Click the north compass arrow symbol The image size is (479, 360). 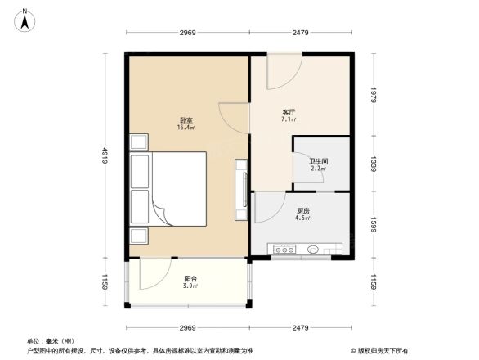click(x=26, y=19)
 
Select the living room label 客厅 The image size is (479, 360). click(x=289, y=112)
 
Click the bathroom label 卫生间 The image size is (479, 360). click(x=318, y=161)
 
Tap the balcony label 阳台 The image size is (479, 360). click(x=190, y=279)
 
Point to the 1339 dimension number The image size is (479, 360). click(x=372, y=164)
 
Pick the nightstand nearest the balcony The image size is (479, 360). click(x=138, y=236)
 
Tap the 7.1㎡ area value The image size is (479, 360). click(x=289, y=120)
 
